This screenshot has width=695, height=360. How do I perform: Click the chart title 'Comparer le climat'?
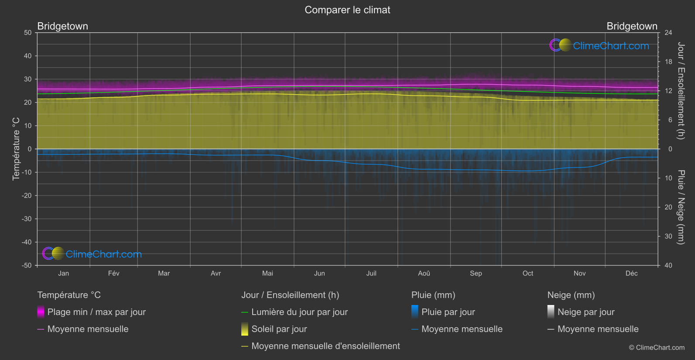(x=347, y=10)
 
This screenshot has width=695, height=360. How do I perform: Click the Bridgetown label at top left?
(x=62, y=26)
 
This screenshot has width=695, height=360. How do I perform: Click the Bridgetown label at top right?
(x=632, y=26)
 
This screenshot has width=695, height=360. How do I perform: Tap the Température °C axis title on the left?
(x=16, y=149)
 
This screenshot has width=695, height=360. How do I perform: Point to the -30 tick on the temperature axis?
(x=27, y=219)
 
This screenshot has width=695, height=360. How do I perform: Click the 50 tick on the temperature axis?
(x=28, y=33)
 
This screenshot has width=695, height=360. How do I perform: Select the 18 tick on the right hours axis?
(x=668, y=62)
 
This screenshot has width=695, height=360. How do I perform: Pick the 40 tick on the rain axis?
(x=668, y=265)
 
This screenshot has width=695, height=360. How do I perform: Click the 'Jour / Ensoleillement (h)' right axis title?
(x=681, y=91)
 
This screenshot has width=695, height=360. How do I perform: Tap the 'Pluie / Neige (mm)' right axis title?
(x=681, y=207)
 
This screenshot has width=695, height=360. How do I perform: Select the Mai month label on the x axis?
(x=267, y=274)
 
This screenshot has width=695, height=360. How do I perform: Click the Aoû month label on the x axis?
(x=424, y=274)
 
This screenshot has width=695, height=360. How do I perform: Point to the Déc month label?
(x=631, y=274)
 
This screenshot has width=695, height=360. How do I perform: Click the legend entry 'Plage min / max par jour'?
(x=96, y=312)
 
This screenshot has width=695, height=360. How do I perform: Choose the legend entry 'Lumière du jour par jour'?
(x=299, y=312)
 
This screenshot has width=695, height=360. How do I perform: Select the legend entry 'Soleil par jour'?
(x=279, y=329)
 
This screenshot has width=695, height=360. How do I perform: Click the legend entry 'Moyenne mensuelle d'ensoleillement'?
(x=325, y=346)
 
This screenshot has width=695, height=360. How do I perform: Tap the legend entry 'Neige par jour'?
(x=586, y=312)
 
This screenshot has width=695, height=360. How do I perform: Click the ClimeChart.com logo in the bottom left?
(x=92, y=254)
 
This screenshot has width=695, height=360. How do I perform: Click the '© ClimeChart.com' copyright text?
(x=657, y=348)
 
